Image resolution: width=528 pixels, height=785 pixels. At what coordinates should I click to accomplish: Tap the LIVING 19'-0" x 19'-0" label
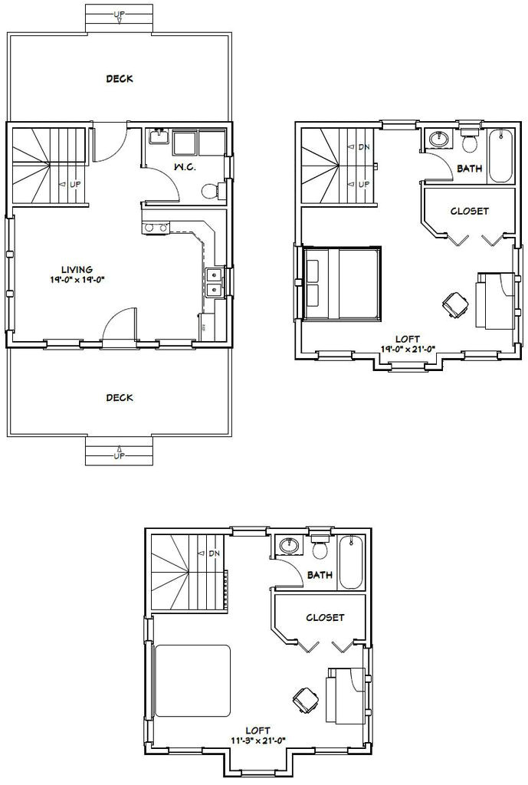pyautogui.click(x=78, y=274)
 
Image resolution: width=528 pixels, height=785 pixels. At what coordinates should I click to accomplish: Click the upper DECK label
pyautogui.click(x=119, y=78)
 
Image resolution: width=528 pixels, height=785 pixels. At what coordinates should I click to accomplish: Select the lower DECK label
pyautogui.click(x=119, y=397)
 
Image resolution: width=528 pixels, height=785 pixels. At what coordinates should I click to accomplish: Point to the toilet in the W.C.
pyautogui.click(x=208, y=191)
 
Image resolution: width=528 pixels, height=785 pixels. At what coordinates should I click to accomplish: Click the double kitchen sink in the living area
pyautogui.click(x=214, y=282)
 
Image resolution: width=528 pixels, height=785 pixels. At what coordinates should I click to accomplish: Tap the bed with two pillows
pyautogui.click(x=342, y=283)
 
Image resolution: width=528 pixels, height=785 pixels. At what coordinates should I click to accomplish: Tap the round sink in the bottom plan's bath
pyautogui.click(x=290, y=546)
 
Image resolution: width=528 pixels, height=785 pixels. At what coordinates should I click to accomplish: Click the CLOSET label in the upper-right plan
pyautogui.click(x=469, y=211)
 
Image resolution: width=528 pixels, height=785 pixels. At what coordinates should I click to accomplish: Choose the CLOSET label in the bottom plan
pyautogui.click(x=325, y=617)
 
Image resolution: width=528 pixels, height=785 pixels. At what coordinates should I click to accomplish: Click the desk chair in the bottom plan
pyautogui.click(x=305, y=698)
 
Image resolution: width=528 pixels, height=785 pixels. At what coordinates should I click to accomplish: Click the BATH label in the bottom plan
pyautogui.click(x=320, y=575)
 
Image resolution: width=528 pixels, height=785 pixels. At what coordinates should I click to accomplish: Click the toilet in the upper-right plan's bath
pyautogui.click(x=470, y=141)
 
